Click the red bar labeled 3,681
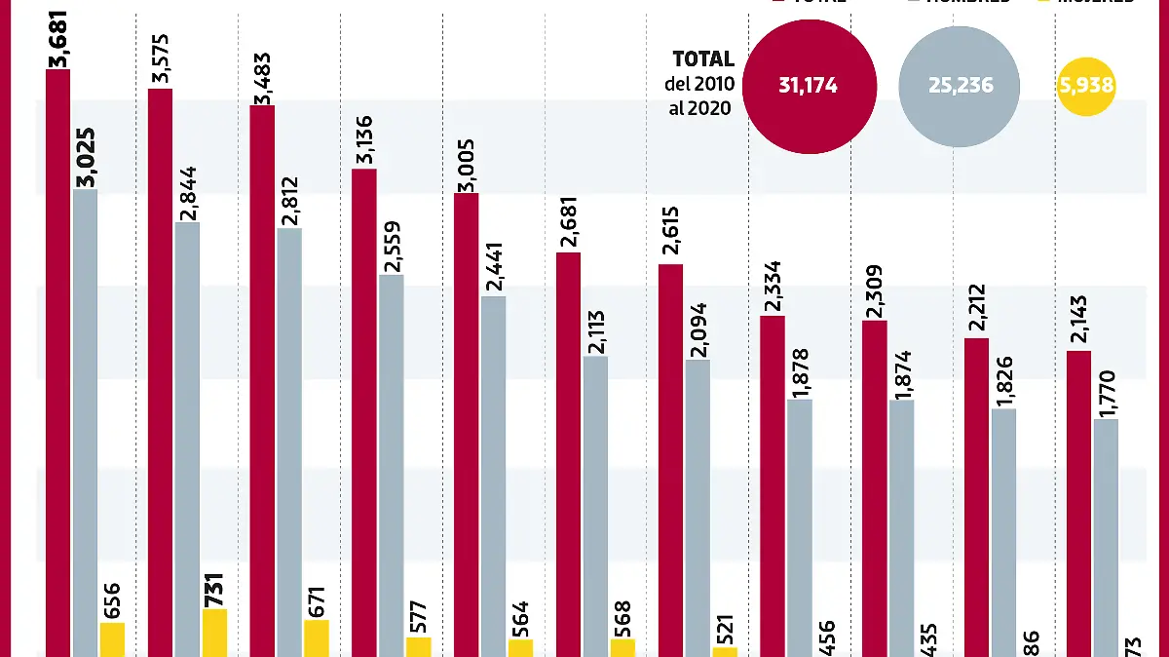point(57,361)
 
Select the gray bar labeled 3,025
point(85,419)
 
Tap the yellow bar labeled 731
point(214,633)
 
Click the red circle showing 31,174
point(809,86)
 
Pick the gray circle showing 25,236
point(960,86)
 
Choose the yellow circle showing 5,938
point(1085,86)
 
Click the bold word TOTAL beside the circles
point(703,60)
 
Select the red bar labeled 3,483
point(262,380)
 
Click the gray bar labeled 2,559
point(392,463)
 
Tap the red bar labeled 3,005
point(466,424)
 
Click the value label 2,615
point(670,231)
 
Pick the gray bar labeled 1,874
point(901,526)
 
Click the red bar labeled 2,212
point(976,497)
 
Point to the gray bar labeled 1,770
point(1106,536)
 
